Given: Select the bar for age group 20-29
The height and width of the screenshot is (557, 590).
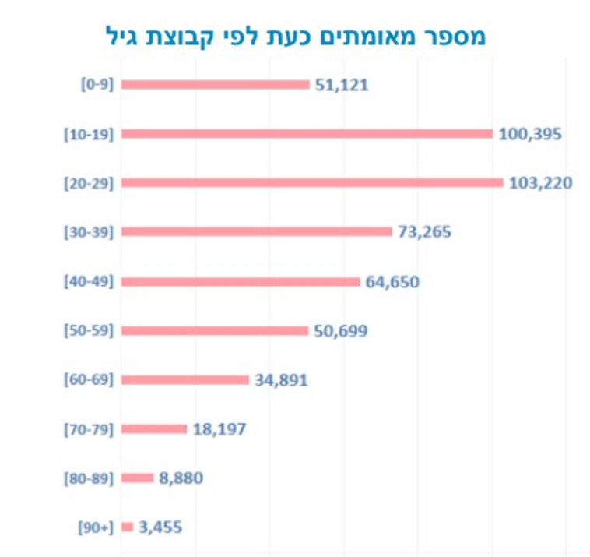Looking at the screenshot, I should click(x=312, y=183).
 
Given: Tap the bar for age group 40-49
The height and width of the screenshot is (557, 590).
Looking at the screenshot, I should click(x=241, y=281).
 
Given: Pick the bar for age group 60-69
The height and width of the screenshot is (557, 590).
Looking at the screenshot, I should click(x=185, y=380).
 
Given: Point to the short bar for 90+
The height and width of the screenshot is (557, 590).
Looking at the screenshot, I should click(x=128, y=527).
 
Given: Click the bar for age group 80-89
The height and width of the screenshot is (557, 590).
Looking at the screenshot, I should click(x=138, y=478).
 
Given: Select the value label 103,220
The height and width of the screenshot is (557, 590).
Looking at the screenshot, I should click(x=540, y=183).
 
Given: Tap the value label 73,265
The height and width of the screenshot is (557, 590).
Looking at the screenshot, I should click(x=424, y=232).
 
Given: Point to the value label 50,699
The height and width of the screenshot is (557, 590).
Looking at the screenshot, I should click(x=341, y=331).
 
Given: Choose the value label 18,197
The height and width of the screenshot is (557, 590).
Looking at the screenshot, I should click(x=219, y=429).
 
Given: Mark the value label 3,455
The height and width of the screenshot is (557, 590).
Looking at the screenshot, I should click(x=160, y=527).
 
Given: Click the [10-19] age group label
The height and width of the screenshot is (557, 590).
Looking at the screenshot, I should click(x=89, y=134).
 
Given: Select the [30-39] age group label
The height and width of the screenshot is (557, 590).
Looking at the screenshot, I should click(x=89, y=232).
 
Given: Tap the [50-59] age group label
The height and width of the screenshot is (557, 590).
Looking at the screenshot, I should click(x=89, y=331).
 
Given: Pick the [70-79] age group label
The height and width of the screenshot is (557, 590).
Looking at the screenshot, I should click(x=89, y=429).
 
